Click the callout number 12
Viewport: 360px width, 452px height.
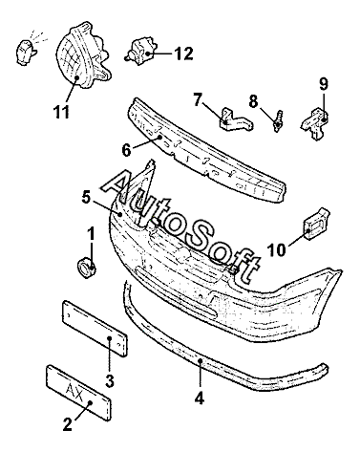(x=183, y=54)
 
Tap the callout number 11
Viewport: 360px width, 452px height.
(x=61, y=112)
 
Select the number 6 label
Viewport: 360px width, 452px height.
(x=126, y=150)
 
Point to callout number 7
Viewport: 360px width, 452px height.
(x=198, y=100)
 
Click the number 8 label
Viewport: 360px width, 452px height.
(x=253, y=101)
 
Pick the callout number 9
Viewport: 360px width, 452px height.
(x=324, y=84)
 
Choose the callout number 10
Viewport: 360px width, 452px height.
(x=277, y=250)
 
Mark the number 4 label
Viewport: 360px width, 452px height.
(x=199, y=398)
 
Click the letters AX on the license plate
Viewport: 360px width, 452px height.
(x=74, y=388)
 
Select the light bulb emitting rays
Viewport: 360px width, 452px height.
(x=25, y=52)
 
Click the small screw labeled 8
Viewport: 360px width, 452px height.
(x=278, y=120)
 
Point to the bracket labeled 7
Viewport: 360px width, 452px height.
(x=236, y=119)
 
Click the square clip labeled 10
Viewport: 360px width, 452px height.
(x=316, y=224)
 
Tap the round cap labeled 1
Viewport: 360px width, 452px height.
(x=87, y=268)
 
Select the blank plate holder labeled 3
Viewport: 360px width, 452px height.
(x=95, y=329)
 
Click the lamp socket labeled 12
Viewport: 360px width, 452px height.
(x=140, y=52)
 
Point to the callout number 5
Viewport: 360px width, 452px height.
(x=86, y=198)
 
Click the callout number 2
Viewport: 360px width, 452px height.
(x=67, y=424)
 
